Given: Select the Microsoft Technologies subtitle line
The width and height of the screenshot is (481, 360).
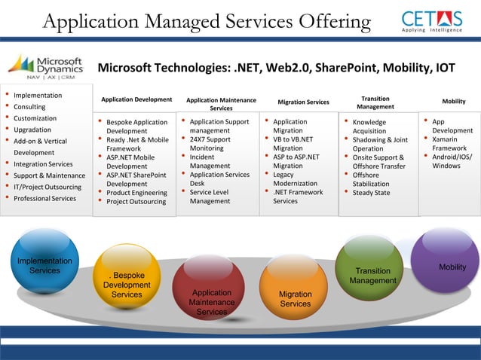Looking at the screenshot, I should [x=276, y=69].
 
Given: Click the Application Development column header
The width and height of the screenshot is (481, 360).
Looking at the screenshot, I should [x=136, y=99].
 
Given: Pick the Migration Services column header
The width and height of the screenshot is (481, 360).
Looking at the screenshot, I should [x=303, y=102].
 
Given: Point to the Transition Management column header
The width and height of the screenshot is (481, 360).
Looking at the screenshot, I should [x=375, y=102].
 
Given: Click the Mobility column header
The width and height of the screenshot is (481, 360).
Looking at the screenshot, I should [x=453, y=101].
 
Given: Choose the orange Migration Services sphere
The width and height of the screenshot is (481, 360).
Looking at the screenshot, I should [x=295, y=298].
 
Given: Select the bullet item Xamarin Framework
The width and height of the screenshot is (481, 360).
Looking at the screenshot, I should [x=452, y=144].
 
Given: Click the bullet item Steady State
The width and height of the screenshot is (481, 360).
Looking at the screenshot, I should [x=372, y=192].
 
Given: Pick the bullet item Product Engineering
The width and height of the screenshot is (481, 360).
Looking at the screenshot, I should [x=136, y=192].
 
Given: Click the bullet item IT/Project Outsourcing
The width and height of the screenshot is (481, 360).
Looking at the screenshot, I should [x=47, y=187].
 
